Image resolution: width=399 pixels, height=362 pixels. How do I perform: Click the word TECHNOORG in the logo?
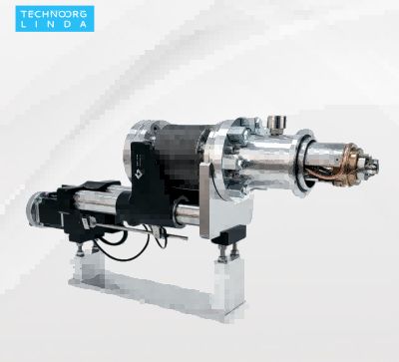point(54,14)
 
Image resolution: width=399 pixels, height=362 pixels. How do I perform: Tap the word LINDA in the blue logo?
point(54,24)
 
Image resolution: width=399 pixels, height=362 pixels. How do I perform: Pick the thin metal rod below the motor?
point(140,231)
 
